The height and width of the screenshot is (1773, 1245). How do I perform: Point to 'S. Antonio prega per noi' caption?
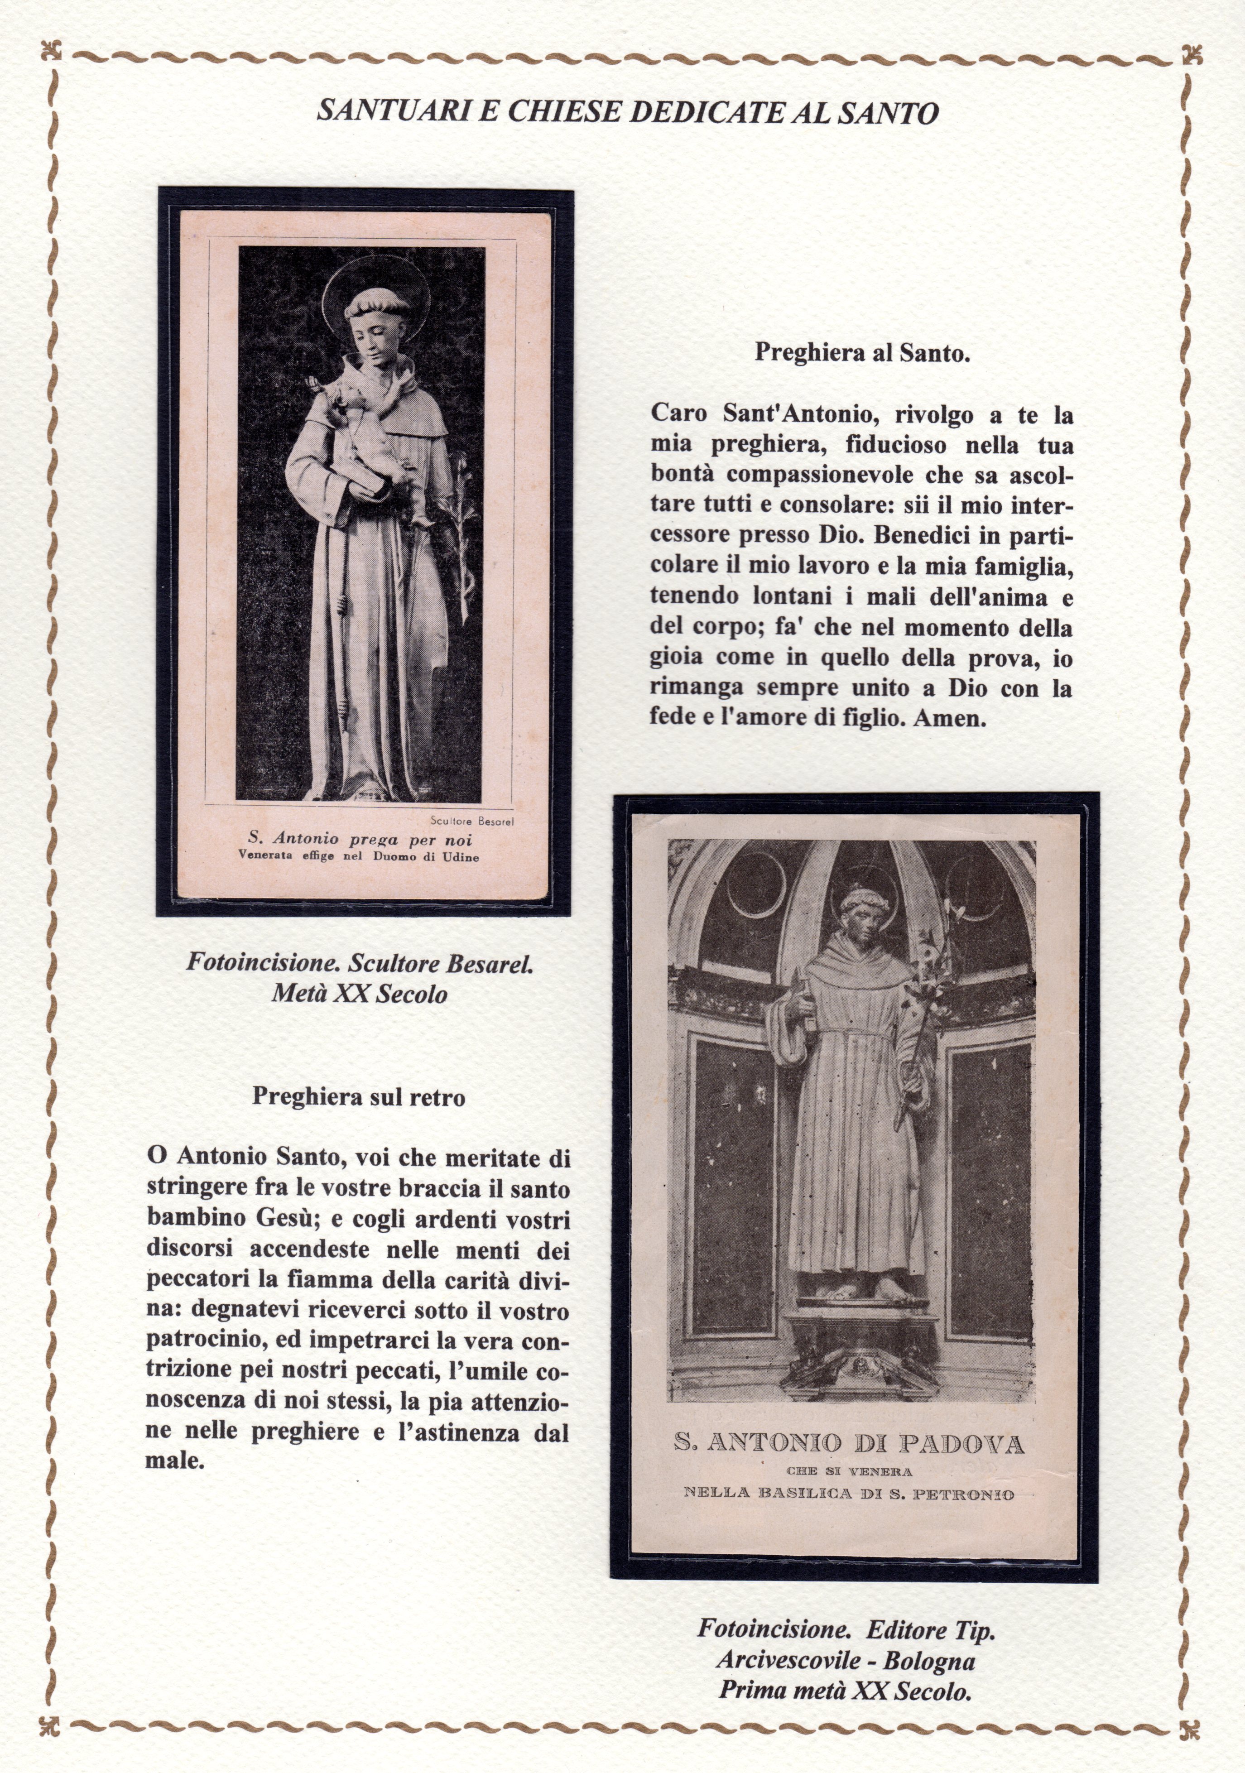360,839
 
